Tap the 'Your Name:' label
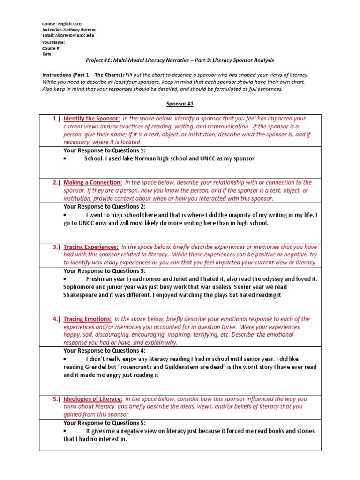(x=54, y=42)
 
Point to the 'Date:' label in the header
(x=47, y=54)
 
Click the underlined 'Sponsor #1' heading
(x=180, y=104)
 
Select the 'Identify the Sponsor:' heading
(x=92, y=119)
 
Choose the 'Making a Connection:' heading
(x=93, y=182)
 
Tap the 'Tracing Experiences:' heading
(x=91, y=247)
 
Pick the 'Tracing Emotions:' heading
(x=87, y=319)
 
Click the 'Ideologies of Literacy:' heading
(x=93, y=399)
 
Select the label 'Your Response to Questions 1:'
(x=105, y=150)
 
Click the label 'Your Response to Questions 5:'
(x=105, y=423)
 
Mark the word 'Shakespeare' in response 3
(x=82, y=295)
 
